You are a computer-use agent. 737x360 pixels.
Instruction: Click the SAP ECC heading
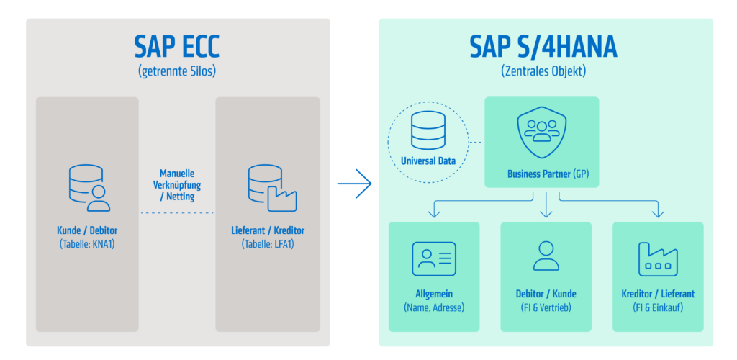(177, 46)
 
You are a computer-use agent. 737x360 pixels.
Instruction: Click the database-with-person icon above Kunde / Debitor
(89, 187)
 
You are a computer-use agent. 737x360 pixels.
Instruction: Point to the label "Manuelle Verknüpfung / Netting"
(177, 185)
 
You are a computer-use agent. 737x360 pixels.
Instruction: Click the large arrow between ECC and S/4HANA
(354, 184)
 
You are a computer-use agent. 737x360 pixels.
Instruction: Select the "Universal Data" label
(428, 161)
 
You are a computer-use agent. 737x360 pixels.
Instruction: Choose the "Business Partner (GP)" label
(548, 174)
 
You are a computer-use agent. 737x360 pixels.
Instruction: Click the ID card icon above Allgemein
(433, 259)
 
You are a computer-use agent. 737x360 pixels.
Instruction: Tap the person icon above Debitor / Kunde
(546, 256)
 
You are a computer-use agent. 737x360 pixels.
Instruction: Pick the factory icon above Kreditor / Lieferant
(658, 259)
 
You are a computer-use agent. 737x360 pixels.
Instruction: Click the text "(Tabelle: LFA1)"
(268, 244)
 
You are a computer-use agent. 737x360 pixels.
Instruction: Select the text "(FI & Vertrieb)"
(546, 308)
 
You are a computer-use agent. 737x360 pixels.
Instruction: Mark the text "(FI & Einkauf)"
(658, 308)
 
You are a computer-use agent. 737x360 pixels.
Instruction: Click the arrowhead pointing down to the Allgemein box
(434, 213)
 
